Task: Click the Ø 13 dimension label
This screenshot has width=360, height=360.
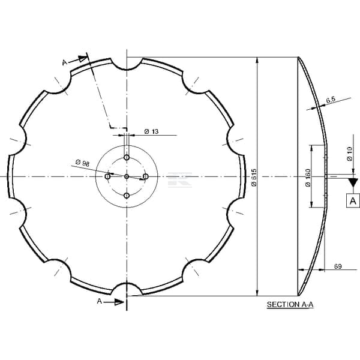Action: coord(151,131)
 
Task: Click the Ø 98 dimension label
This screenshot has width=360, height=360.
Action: coord(82,163)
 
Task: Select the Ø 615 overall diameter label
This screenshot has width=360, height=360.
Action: coord(254,178)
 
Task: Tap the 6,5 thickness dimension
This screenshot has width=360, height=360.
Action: coord(331,100)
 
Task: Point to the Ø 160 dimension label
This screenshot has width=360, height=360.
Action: coord(308,178)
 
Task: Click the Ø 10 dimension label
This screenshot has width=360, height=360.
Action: coord(349,154)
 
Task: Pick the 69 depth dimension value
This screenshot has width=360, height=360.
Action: coord(338,266)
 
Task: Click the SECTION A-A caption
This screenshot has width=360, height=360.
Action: coord(290,305)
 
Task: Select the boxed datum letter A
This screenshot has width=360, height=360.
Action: coord(353,201)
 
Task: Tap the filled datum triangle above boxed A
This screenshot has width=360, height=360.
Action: coord(353,182)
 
